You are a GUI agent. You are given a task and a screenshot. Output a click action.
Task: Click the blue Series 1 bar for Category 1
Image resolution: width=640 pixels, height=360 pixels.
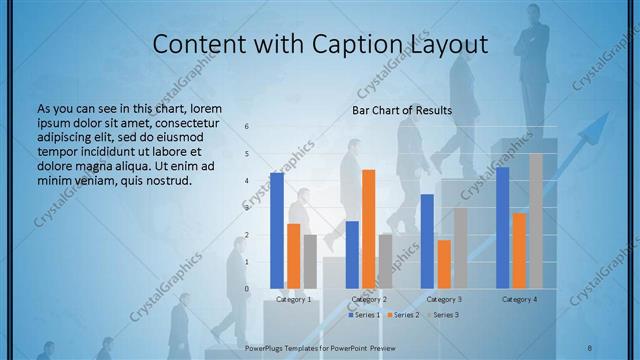[277, 231]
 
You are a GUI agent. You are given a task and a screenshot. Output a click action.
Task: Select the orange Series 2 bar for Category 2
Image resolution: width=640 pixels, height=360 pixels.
[369, 229]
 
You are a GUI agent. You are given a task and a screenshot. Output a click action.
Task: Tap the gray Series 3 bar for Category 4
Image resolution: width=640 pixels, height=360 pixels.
[536, 221]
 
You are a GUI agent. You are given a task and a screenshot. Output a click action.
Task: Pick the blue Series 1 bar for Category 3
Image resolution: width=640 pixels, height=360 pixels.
[427, 241]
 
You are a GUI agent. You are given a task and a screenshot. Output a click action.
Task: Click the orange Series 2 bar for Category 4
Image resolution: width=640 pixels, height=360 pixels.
[519, 251]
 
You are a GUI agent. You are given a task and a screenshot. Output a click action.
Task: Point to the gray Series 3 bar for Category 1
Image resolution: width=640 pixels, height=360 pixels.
[310, 262]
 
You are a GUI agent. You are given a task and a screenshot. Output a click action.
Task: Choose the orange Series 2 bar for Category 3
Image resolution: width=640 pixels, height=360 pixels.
[444, 264]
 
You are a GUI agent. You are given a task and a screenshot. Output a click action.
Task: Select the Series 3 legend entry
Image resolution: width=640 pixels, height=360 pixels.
[442, 315]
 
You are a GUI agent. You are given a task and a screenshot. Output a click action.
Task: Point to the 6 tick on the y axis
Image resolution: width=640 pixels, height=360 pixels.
[247, 127]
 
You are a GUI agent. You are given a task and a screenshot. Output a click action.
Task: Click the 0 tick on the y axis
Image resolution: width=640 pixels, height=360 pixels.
[247, 289]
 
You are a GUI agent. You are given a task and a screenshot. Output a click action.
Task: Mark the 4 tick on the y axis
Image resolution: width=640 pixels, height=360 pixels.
[247, 181]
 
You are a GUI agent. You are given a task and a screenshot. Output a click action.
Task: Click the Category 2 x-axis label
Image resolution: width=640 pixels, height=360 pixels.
[369, 299]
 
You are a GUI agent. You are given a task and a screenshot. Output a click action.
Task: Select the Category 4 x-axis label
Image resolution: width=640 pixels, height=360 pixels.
[519, 299]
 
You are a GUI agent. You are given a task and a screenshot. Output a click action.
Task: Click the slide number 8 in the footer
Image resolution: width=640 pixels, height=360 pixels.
[590, 346]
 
